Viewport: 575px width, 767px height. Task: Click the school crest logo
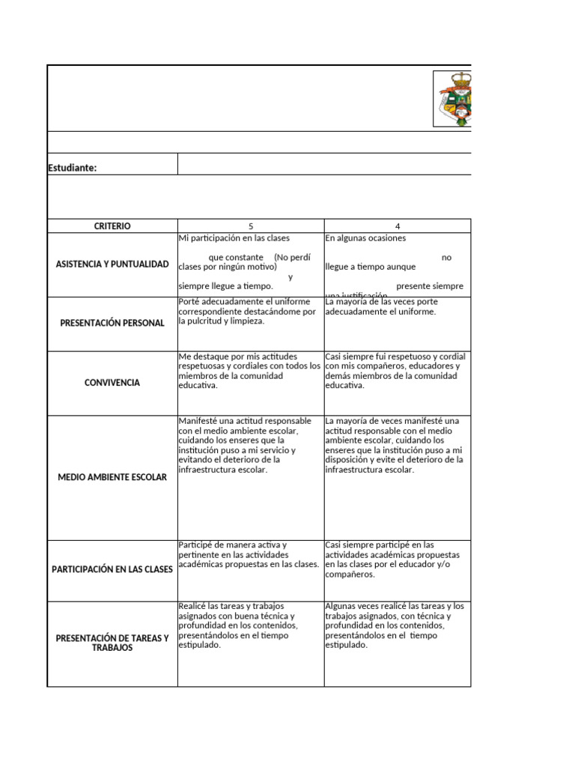pyautogui.click(x=454, y=99)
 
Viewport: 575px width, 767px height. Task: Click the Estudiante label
pyautogui.click(x=73, y=168)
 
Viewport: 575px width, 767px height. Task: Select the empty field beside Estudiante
pyautogui.click(x=323, y=164)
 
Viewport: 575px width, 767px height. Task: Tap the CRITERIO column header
pyautogui.click(x=112, y=225)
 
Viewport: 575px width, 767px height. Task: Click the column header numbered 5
pyautogui.click(x=251, y=225)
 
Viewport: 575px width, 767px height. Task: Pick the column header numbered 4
pyautogui.click(x=398, y=225)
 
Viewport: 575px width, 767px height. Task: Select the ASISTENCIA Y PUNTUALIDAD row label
pyautogui.click(x=112, y=264)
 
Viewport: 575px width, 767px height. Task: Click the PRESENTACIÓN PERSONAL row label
pyautogui.click(x=112, y=323)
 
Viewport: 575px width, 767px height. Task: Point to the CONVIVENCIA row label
pyautogui.click(x=112, y=383)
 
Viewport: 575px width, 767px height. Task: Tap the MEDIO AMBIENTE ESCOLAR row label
pyautogui.click(x=112, y=477)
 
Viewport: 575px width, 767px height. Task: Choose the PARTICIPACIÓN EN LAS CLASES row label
pyautogui.click(x=112, y=569)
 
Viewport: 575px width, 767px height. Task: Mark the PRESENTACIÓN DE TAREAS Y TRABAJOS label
pyautogui.click(x=112, y=643)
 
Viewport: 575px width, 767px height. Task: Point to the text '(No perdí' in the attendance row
pyautogui.click(x=292, y=257)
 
